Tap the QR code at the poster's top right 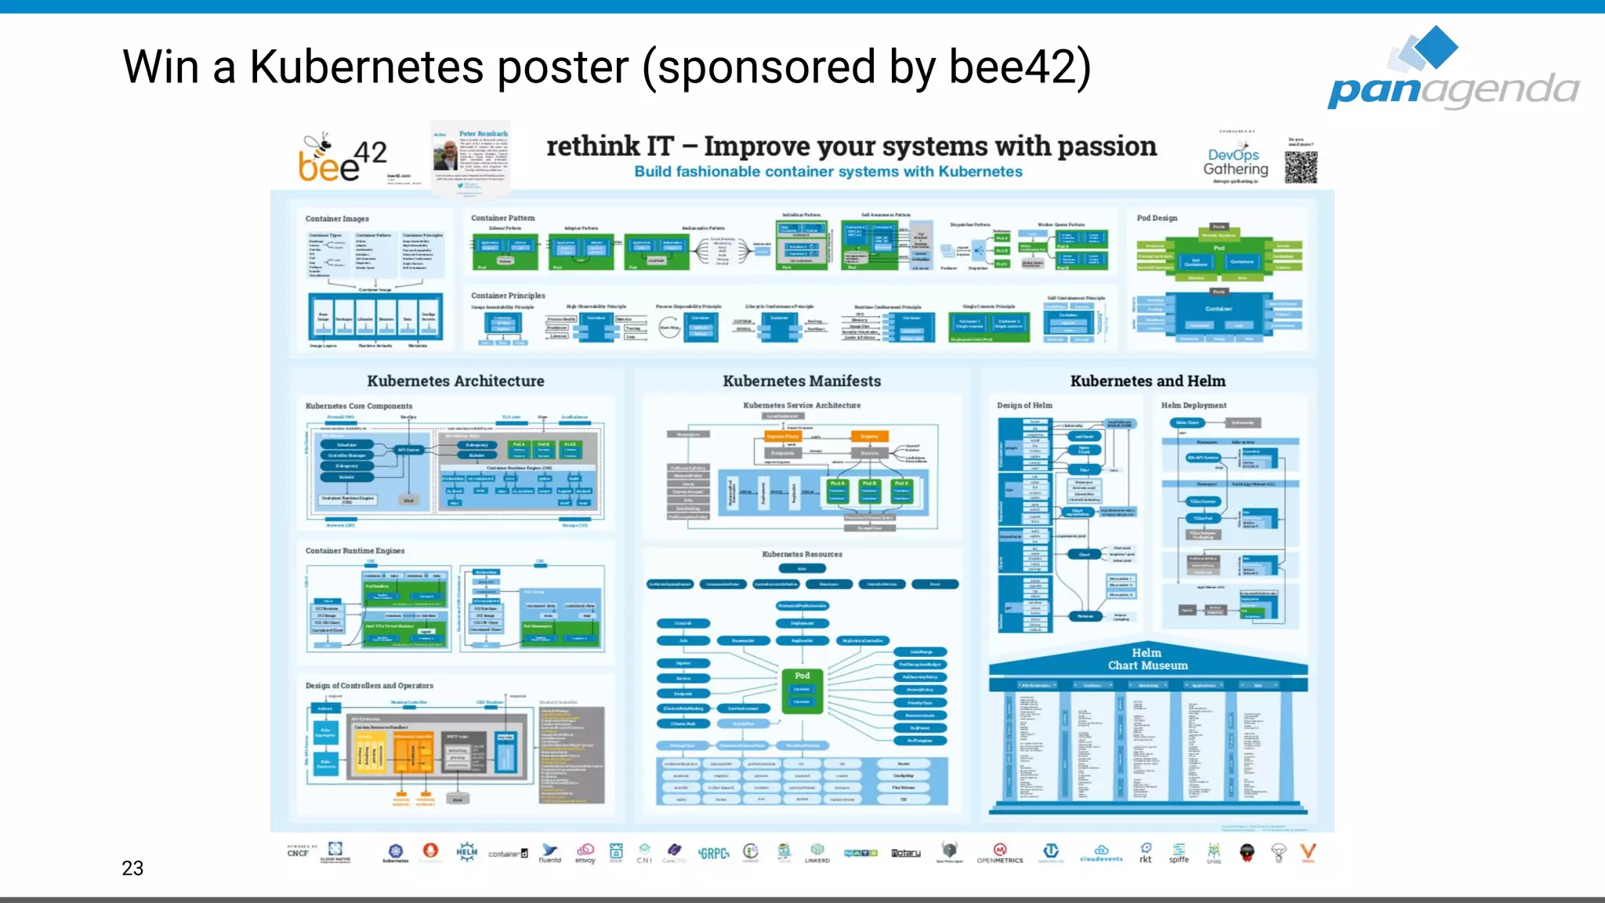coord(1301,166)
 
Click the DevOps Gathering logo coord(1235,161)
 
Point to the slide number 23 coord(132,868)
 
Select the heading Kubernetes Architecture coord(455,381)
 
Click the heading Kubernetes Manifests coord(802,381)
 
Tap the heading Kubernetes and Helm coord(1147,381)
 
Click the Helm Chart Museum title coord(1147,659)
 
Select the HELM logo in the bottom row coord(467,852)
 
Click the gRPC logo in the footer coord(713,854)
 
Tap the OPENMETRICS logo coord(999,853)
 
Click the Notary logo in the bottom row coord(906,853)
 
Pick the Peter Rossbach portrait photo coord(446,155)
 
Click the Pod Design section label coord(1157,218)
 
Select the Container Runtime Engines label coord(355,551)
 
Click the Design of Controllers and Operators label coord(369,686)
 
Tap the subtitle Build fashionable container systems coord(828,172)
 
